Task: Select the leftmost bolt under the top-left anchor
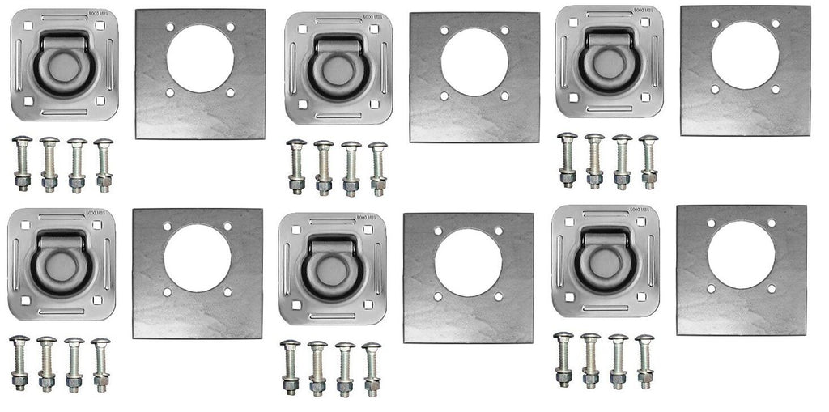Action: tap(23, 164)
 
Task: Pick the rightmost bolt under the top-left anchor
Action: tap(104, 165)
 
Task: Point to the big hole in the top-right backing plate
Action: tap(745, 55)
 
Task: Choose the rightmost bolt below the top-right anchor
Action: tap(648, 161)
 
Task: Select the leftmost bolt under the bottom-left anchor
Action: tap(19, 363)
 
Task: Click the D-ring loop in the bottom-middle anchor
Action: tap(331, 267)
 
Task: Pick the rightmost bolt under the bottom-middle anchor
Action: tap(372, 369)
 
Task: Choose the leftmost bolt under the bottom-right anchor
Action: tap(564, 359)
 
